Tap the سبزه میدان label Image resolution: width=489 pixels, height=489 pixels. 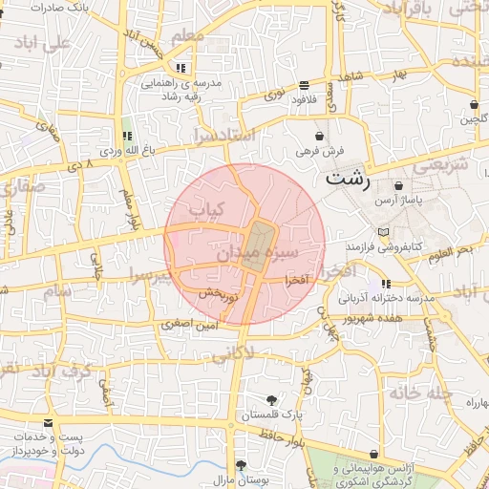[258, 253]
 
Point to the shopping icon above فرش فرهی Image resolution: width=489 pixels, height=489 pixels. [318, 137]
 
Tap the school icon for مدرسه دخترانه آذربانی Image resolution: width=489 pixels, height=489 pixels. [386, 284]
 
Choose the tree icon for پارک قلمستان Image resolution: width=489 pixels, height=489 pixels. [272, 400]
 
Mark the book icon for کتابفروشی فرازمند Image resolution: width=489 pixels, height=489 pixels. [384, 233]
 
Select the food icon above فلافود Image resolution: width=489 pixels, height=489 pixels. [304, 84]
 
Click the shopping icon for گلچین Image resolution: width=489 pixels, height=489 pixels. [474, 105]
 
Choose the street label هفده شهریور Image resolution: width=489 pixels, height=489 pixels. [376, 316]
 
